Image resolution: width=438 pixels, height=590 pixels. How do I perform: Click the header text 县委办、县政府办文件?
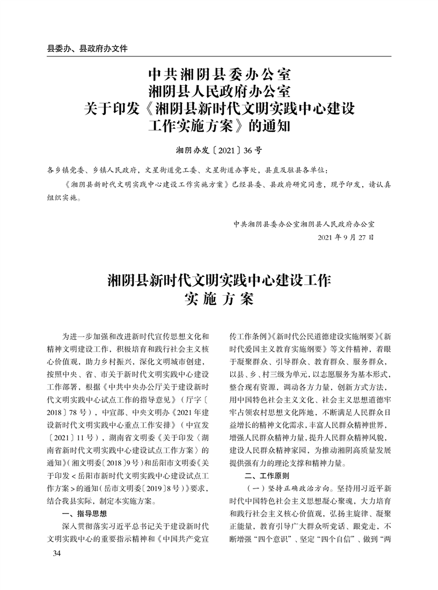[x=87, y=48]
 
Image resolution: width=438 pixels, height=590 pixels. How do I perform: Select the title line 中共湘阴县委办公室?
[x=220, y=72]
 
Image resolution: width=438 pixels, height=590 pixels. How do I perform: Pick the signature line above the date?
[x=304, y=223]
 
